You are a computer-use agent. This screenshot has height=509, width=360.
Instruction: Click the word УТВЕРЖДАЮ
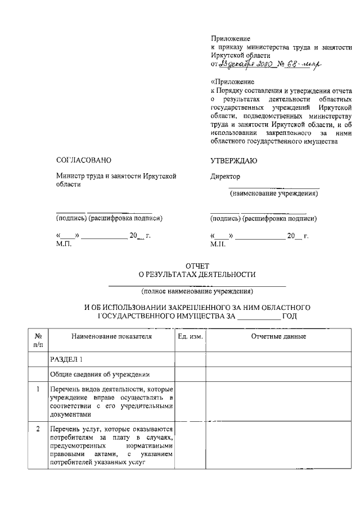pyautogui.click(x=233, y=161)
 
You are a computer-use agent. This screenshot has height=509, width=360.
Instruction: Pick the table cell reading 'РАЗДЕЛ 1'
pyautogui.click(x=66, y=358)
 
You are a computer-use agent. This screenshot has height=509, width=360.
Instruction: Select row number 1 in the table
pyautogui.click(x=37, y=389)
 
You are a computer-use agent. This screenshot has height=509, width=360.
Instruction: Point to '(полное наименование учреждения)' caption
pyautogui.click(x=197, y=291)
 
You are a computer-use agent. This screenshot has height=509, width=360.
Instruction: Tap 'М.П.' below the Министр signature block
pyautogui.click(x=64, y=244)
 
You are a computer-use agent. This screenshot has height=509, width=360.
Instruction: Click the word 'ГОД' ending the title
pyautogui.click(x=289, y=316)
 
